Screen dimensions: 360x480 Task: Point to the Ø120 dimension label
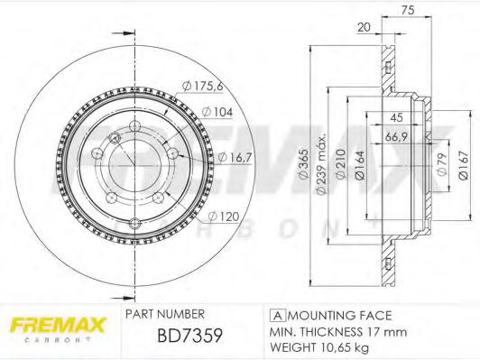point(224,217)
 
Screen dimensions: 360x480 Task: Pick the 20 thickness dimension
point(363,28)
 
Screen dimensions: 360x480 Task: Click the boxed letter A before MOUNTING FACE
point(274,315)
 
